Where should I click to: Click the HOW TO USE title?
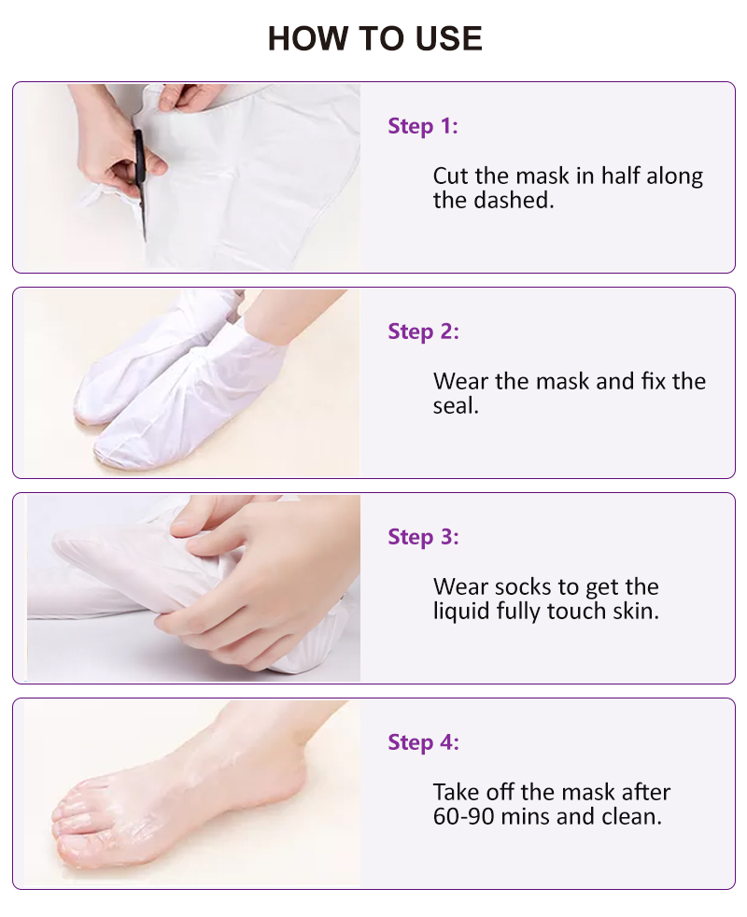[x=374, y=38]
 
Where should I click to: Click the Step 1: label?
[x=423, y=126]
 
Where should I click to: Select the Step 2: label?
[x=423, y=332]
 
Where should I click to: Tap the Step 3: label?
[x=423, y=537]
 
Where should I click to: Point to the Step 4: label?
[x=423, y=742]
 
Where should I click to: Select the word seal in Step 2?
[x=455, y=405]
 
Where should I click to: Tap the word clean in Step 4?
[x=631, y=816]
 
